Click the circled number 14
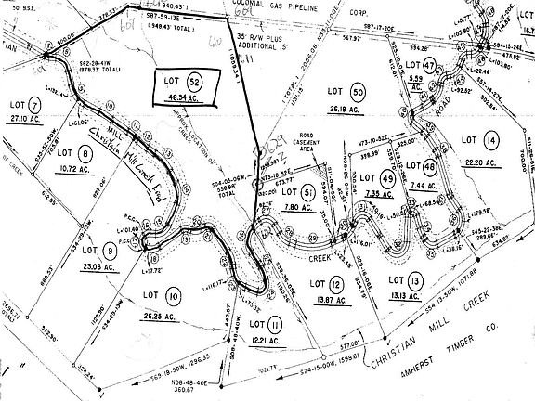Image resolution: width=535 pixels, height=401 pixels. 491,139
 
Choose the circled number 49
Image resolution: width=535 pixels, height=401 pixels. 388,179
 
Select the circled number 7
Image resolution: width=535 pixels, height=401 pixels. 36,105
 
